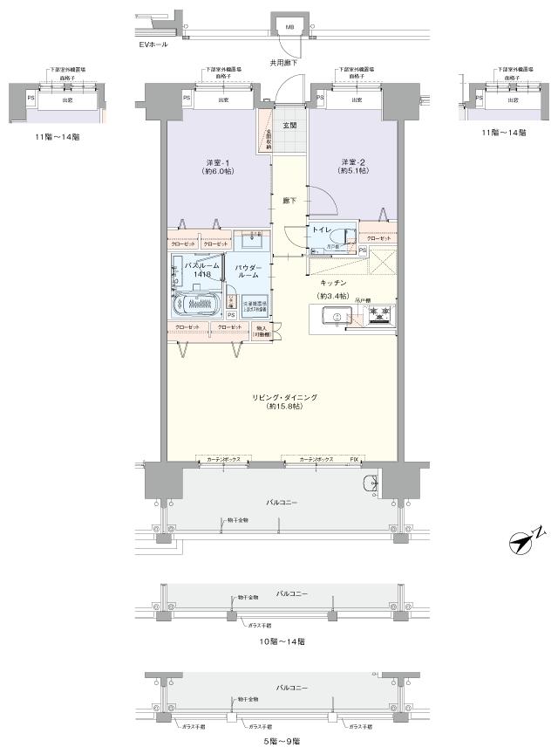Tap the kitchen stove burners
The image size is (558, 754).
click(x=378, y=312)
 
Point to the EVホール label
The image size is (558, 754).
click(x=153, y=43)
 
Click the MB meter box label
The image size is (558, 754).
click(x=289, y=27)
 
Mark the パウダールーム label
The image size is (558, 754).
click(x=250, y=270)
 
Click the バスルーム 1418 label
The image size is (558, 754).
click(x=195, y=270)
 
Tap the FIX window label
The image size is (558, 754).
click(x=355, y=458)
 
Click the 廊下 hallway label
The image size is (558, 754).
click(x=289, y=201)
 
